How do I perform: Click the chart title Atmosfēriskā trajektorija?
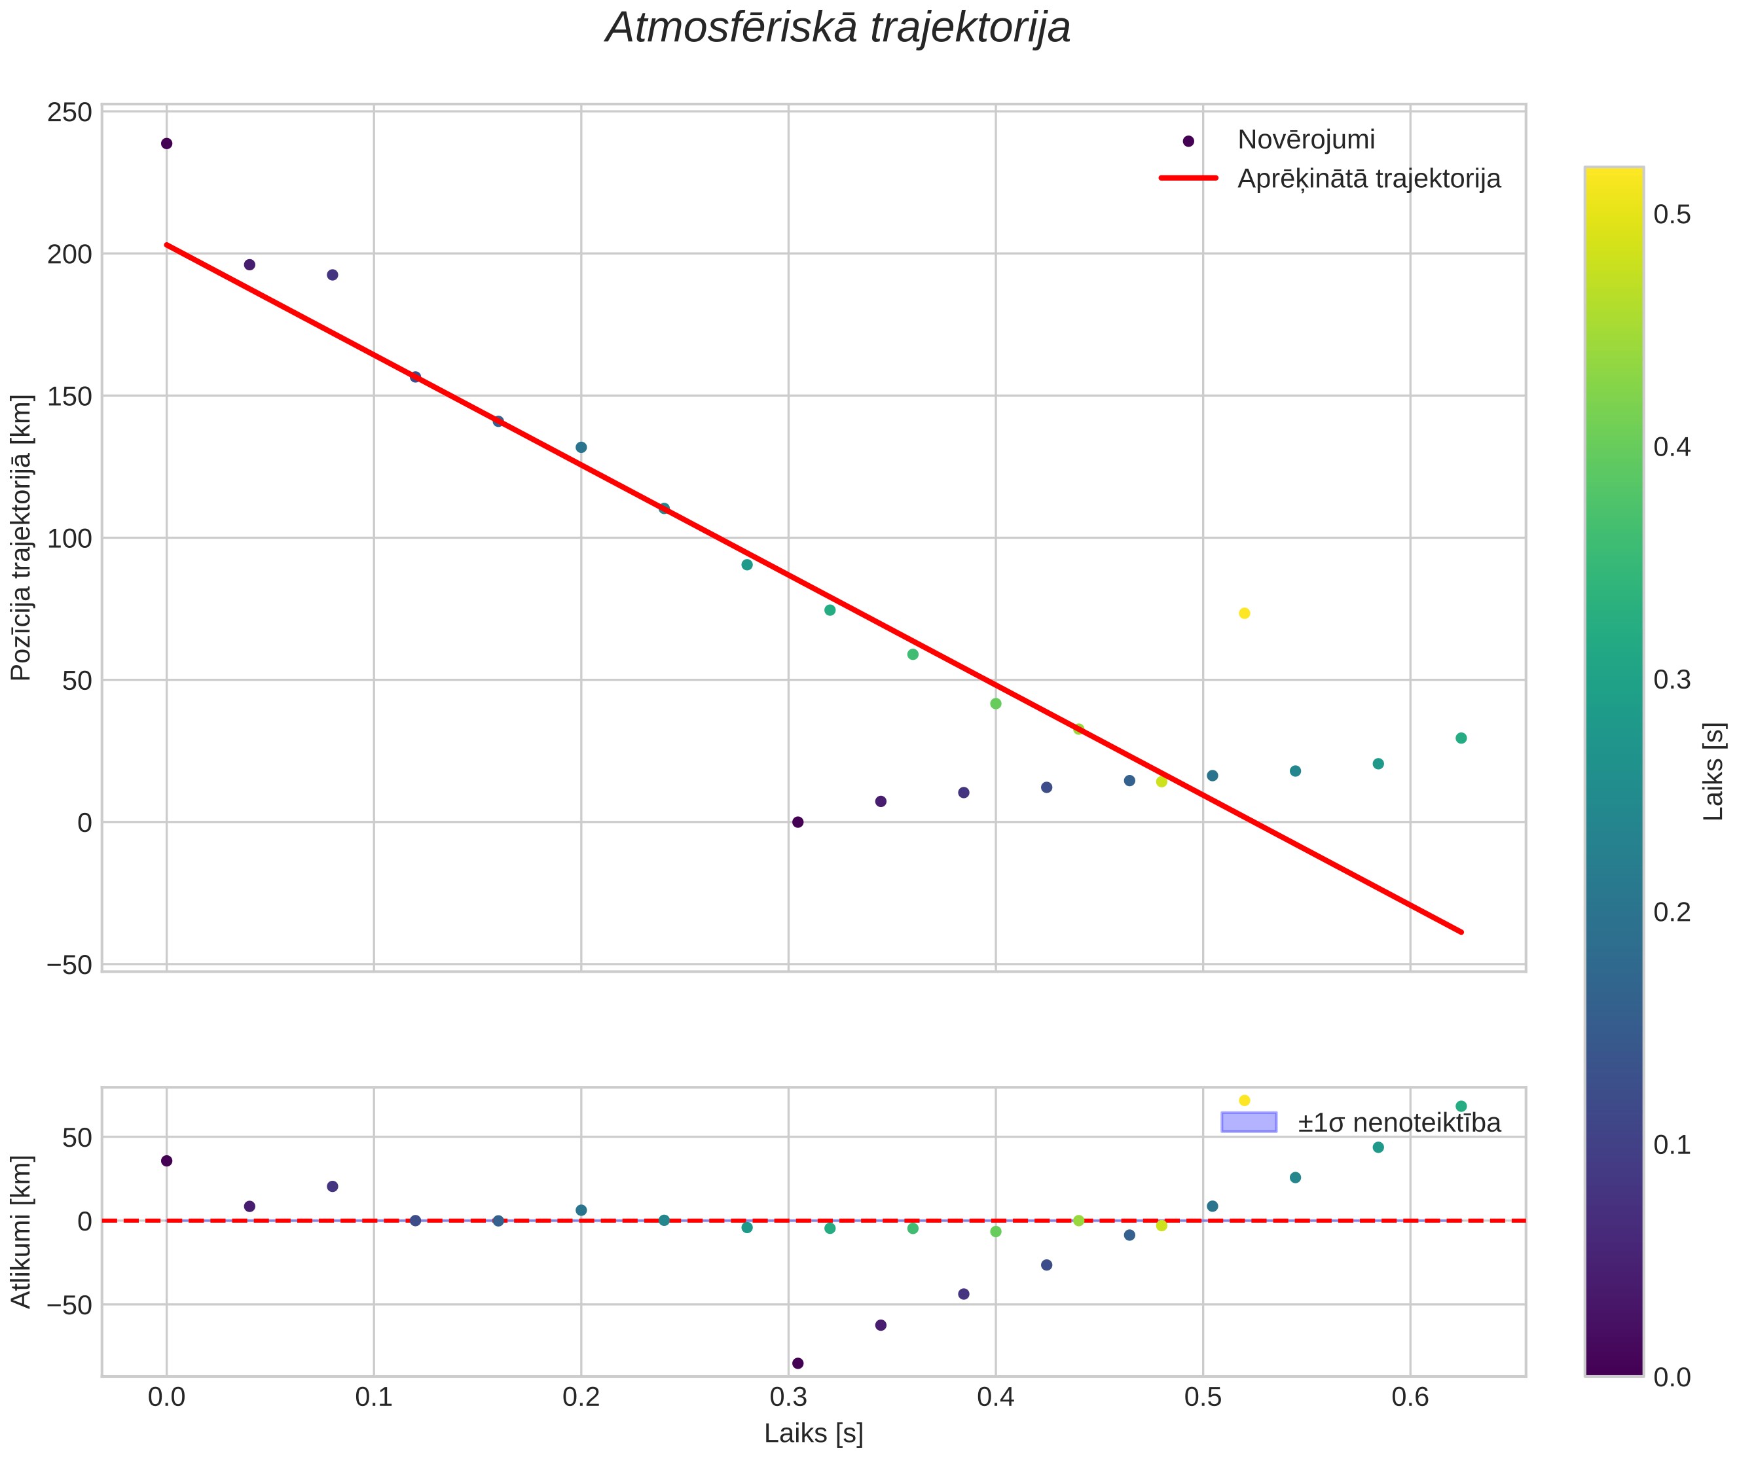tap(838, 28)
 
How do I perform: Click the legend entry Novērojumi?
tap(1306, 140)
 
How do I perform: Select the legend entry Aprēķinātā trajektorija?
tap(1369, 179)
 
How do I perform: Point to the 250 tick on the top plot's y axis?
tap(69, 113)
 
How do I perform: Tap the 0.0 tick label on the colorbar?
tap(1672, 1376)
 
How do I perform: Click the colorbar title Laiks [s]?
tap(1715, 772)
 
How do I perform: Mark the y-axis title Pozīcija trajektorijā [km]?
tap(21, 537)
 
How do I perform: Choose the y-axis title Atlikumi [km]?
tap(21, 1232)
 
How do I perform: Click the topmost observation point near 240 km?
tap(166, 144)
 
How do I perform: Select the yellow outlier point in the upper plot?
tap(1244, 613)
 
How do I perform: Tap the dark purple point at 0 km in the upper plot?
tap(797, 822)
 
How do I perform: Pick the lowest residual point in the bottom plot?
tap(797, 1363)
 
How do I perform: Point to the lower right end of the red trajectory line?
tap(1461, 932)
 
